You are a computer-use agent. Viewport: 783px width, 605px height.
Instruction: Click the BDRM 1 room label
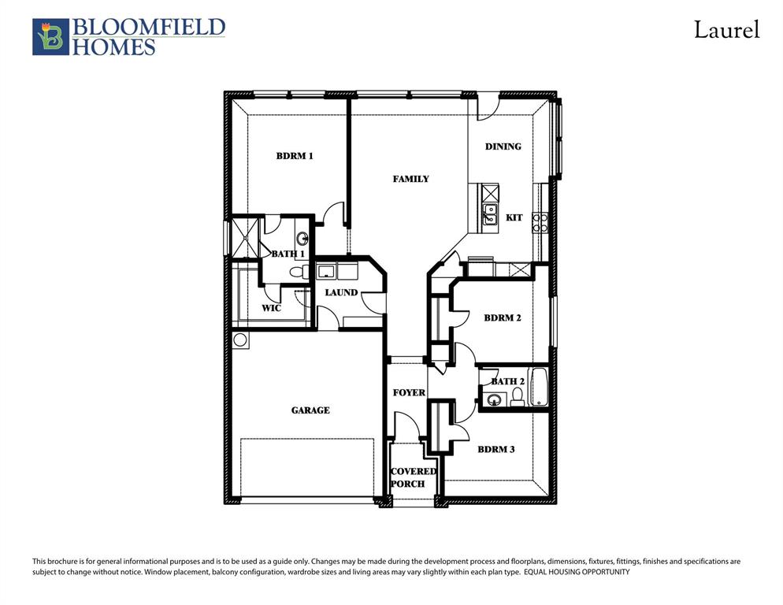(295, 156)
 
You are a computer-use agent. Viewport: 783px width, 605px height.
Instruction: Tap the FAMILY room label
(410, 179)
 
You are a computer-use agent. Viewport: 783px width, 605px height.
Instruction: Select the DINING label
(503, 147)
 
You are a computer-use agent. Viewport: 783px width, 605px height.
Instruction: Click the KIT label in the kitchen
(514, 217)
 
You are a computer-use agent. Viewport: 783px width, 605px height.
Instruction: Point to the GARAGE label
(310, 410)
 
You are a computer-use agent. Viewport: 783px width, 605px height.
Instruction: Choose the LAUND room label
(341, 292)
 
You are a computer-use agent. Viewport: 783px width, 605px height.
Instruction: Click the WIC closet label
(271, 308)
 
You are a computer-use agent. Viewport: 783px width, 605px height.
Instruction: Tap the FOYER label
(409, 392)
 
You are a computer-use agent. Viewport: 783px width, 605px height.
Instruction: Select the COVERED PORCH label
(413, 477)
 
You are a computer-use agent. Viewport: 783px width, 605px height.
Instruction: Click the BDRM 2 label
(503, 318)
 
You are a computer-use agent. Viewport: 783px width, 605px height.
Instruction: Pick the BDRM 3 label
(496, 450)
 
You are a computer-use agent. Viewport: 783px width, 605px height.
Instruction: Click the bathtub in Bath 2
(540, 387)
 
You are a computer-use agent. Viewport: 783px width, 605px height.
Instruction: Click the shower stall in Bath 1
(245, 236)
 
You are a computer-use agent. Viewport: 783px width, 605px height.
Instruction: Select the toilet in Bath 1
(298, 272)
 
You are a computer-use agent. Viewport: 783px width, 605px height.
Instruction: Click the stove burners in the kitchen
(540, 222)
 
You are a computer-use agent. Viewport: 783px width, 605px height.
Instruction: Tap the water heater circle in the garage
(240, 340)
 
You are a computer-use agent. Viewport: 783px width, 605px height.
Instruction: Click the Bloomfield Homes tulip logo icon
(50, 37)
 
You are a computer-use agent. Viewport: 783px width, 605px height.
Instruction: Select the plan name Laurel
(725, 31)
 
